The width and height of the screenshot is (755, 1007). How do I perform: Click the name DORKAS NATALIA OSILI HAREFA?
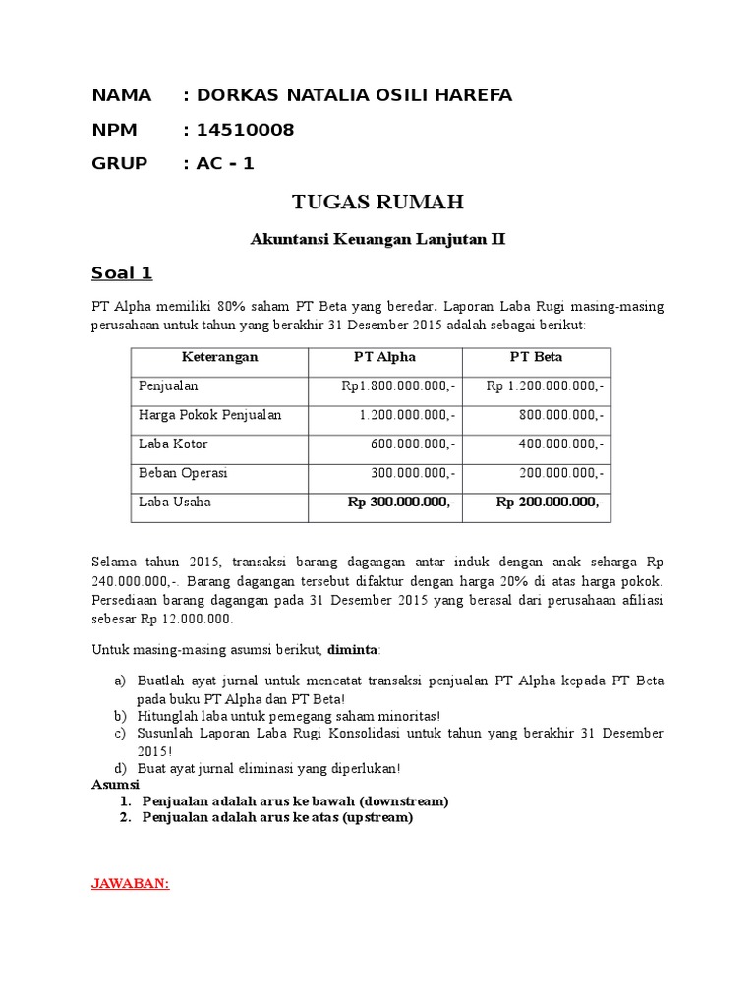354,95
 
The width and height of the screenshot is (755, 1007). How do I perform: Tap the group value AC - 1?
225,163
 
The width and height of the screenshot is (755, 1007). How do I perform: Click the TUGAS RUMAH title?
377,203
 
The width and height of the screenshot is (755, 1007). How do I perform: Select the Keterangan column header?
219,357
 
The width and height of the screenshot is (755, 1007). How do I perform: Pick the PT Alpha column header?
385,357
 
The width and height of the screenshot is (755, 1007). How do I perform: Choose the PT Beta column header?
536,357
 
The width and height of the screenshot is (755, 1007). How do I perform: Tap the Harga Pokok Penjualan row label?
210,415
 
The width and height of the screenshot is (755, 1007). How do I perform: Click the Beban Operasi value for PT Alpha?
412,473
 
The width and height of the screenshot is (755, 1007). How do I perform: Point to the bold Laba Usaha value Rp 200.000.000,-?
550,503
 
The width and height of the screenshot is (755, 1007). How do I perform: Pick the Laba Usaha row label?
175,503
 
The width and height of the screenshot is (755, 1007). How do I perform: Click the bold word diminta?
351,650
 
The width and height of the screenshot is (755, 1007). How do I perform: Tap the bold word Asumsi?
116,785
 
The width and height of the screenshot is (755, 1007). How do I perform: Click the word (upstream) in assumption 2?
377,817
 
